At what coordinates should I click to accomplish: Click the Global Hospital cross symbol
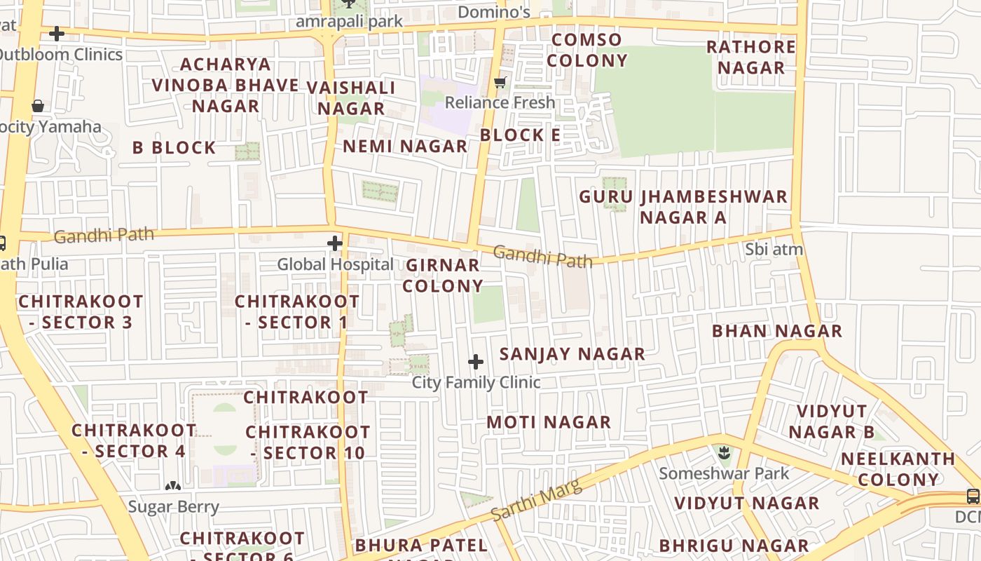[x=335, y=243]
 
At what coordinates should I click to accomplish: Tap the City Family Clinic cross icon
[x=476, y=362]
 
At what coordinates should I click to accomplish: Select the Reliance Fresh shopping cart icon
[x=500, y=83]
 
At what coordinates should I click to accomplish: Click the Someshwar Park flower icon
[x=725, y=453]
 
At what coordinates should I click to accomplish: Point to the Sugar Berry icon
[x=173, y=485]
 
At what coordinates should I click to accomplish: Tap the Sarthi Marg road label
[x=537, y=501]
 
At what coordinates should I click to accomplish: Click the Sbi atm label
[x=774, y=249]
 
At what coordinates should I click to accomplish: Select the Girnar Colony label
[x=443, y=276]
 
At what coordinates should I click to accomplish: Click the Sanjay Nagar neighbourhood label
[x=572, y=354]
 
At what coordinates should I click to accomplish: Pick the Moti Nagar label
[x=549, y=422]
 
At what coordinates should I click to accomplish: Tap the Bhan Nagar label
[x=777, y=331]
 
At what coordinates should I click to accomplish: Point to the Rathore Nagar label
[x=751, y=58]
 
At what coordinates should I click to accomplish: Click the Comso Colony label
[x=587, y=50]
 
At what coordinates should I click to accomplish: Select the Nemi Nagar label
[x=405, y=147]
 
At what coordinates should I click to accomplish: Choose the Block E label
[x=521, y=135]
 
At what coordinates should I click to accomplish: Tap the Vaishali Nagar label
[x=351, y=98]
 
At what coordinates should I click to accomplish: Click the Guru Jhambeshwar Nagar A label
[x=683, y=207]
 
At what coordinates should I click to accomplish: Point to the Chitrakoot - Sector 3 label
[x=81, y=312]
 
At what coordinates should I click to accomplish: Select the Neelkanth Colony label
[x=898, y=470]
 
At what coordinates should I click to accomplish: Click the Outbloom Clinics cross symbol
[x=57, y=34]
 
